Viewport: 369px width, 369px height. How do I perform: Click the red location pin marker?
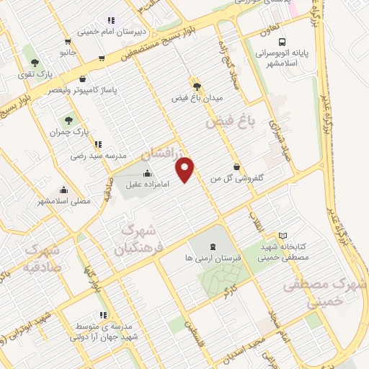tap(185, 169)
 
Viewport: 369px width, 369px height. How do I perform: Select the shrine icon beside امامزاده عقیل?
tap(148, 173)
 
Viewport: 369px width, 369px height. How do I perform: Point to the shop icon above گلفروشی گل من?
tap(237, 167)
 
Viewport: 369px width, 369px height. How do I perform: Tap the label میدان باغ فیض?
tap(197, 96)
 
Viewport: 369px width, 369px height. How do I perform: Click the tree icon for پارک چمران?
tap(69, 121)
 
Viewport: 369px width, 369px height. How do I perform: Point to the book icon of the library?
tap(283, 236)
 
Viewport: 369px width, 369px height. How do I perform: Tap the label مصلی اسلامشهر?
tap(66, 201)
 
